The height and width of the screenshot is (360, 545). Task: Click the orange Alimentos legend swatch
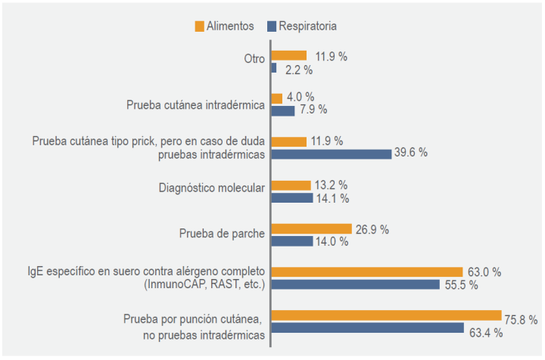199,26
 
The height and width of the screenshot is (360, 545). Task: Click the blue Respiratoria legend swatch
271,26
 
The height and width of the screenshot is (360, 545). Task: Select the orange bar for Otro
289,55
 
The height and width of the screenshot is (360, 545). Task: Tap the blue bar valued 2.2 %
274,68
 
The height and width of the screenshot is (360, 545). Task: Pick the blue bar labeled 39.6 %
332,154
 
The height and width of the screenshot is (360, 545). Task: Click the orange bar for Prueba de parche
312,228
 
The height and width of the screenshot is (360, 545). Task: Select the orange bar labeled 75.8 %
386,315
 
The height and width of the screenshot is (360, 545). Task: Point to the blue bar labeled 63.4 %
367,327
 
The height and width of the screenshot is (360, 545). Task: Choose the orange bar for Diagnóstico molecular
291,185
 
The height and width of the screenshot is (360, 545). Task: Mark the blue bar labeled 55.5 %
355,284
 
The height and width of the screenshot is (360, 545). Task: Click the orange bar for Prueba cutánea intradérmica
277,98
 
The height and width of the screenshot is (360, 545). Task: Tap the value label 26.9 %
374,228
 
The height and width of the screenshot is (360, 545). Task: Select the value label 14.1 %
332,198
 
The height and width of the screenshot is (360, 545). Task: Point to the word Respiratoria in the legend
307,26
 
